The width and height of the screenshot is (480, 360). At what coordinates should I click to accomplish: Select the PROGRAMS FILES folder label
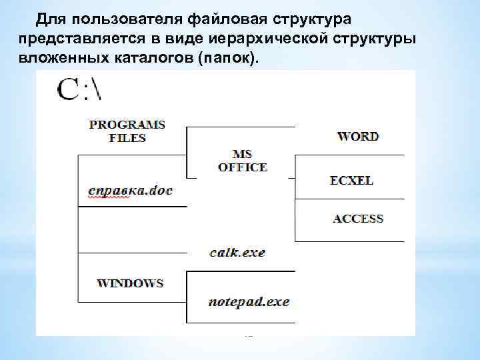click(x=127, y=131)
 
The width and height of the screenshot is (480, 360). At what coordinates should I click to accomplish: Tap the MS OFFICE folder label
click(x=242, y=161)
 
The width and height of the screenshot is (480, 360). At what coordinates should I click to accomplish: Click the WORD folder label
click(x=358, y=137)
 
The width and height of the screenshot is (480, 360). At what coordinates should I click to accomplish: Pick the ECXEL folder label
click(x=351, y=181)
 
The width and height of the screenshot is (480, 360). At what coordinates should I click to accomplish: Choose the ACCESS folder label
click(x=358, y=219)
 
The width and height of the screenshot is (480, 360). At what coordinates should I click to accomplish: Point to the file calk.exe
click(x=237, y=253)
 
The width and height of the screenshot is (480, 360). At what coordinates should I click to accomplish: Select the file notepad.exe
click(x=248, y=302)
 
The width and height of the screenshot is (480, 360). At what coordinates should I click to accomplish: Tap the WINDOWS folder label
click(x=130, y=283)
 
